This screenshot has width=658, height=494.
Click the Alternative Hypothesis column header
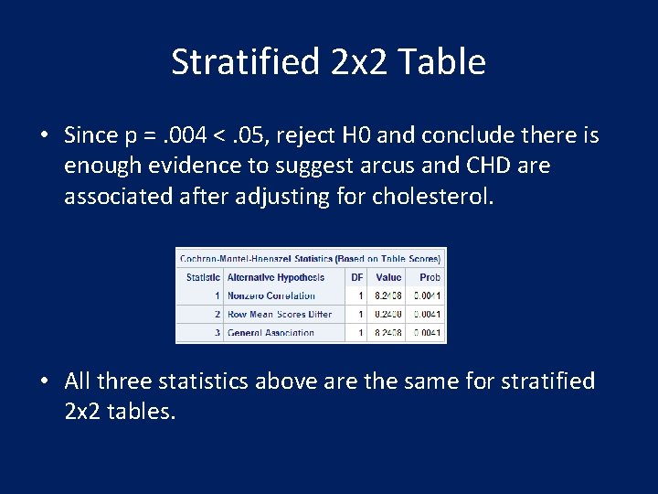pos(276,277)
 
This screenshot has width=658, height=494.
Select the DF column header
pos(356,277)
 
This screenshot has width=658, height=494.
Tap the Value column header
pos(388,277)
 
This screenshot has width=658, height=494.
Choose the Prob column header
pos(430,277)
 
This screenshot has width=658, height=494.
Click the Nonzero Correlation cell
pos(271,295)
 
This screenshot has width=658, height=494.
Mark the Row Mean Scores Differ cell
pos(280,315)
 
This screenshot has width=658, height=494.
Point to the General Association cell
pos(271,333)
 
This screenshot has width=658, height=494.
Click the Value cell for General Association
pos(388,333)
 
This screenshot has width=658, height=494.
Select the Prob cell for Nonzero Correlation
pos(427,295)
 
